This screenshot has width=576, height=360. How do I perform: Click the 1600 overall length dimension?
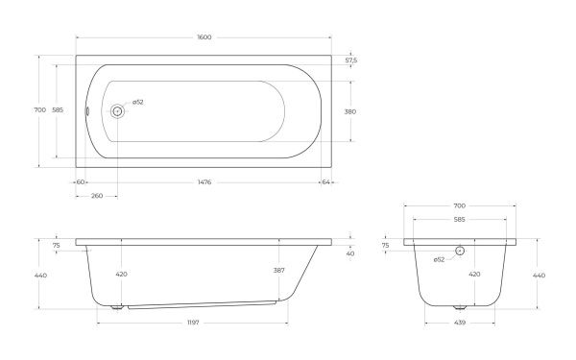(x=204, y=37)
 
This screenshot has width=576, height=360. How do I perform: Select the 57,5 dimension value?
(x=351, y=60)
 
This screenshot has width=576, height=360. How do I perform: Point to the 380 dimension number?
(x=350, y=111)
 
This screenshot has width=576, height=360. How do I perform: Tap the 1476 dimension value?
(x=204, y=181)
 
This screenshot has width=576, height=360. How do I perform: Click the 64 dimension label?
(x=325, y=181)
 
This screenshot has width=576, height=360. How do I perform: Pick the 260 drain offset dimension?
(x=97, y=196)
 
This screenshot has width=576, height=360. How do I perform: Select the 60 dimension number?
(x=81, y=181)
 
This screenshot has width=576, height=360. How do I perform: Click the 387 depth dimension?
(x=278, y=271)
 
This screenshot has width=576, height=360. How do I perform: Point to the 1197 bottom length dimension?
(x=193, y=323)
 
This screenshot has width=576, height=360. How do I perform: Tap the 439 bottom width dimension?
(x=460, y=323)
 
